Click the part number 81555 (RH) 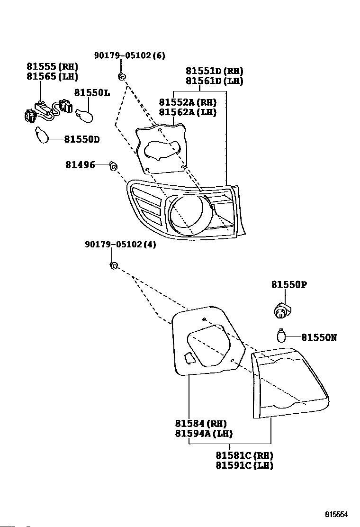click(53, 66)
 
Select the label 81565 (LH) click(53, 76)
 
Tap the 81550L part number click(92, 92)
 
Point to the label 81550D click(82, 139)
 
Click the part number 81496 click(80, 165)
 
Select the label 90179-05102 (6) click(130, 55)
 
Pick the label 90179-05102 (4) click(121, 245)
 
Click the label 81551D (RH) click(215, 71)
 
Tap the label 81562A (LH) click(188, 112)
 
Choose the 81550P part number click(289, 285)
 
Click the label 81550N click(319, 337)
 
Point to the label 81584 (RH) click(201, 424)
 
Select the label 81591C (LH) click(244, 465)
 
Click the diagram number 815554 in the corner click(336, 514)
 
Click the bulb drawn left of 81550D click(42, 135)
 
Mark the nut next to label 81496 click(114, 166)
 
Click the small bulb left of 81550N click(281, 336)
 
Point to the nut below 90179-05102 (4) click(114, 265)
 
